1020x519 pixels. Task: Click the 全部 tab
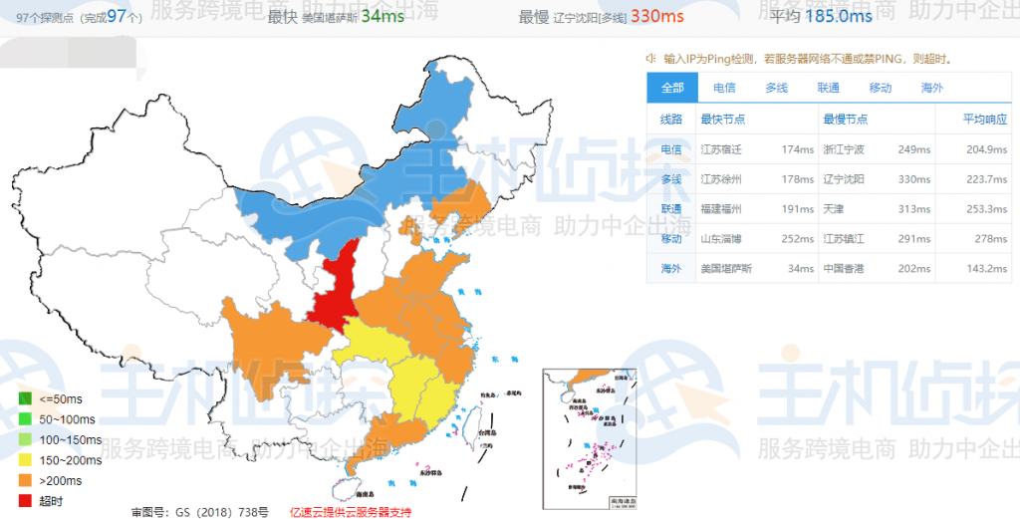pyautogui.click(x=672, y=88)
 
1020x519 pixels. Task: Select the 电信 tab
pyautogui.click(x=724, y=88)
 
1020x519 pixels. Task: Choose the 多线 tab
pyautogui.click(x=776, y=88)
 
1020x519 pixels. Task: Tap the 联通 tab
pyautogui.click(x=828, y=88)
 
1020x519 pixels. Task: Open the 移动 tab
pyautogui.click(x=880, y=88)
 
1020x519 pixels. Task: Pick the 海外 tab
pyautogui.click(x=931, y=88)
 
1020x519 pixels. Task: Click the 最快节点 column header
pyautogui.click(x=723, y=120)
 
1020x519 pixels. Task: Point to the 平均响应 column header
pyautogui.click(x=985, y=120)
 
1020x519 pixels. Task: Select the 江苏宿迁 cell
pyautogui.click(x=723, y=149)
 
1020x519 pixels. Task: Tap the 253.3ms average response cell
pyautogui.click(x=986, y=209)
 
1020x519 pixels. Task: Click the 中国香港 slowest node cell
pyautogui.click(x=844, y=269)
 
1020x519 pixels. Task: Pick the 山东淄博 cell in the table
pyautogui.click(x=723, y=239)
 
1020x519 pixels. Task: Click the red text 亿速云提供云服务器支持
pyautogui.click(x=350, y=511)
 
